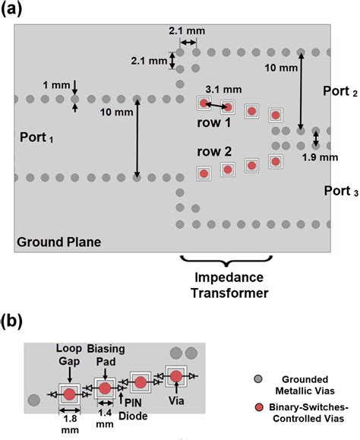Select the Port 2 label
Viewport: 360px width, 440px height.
coord(338,91)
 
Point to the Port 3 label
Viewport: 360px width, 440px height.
coord(338,192)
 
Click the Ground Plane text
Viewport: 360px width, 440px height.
coord(58,242)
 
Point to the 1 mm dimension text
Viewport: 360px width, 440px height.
coord(59,84)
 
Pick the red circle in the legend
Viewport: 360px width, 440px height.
coord(258,410)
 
